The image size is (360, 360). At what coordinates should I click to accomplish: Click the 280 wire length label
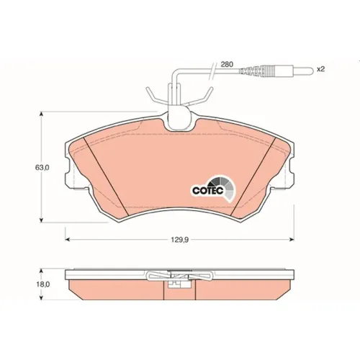(x=227, y=64)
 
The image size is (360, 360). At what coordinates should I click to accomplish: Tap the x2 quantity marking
(x=320, y=69)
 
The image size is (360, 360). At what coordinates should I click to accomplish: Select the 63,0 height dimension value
(x=42, y=168)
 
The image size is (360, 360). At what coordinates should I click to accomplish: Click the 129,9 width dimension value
(x=180, y=240)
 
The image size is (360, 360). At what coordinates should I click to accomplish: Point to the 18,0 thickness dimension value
(x=43, y=284)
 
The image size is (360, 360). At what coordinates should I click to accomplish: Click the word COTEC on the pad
(x=208, y=191)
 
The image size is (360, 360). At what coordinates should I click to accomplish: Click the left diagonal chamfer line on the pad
(x=106, y=176)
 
